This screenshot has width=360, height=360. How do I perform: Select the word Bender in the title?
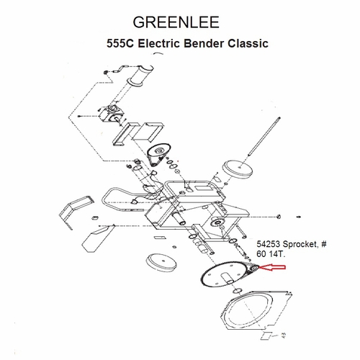(204, 43)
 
